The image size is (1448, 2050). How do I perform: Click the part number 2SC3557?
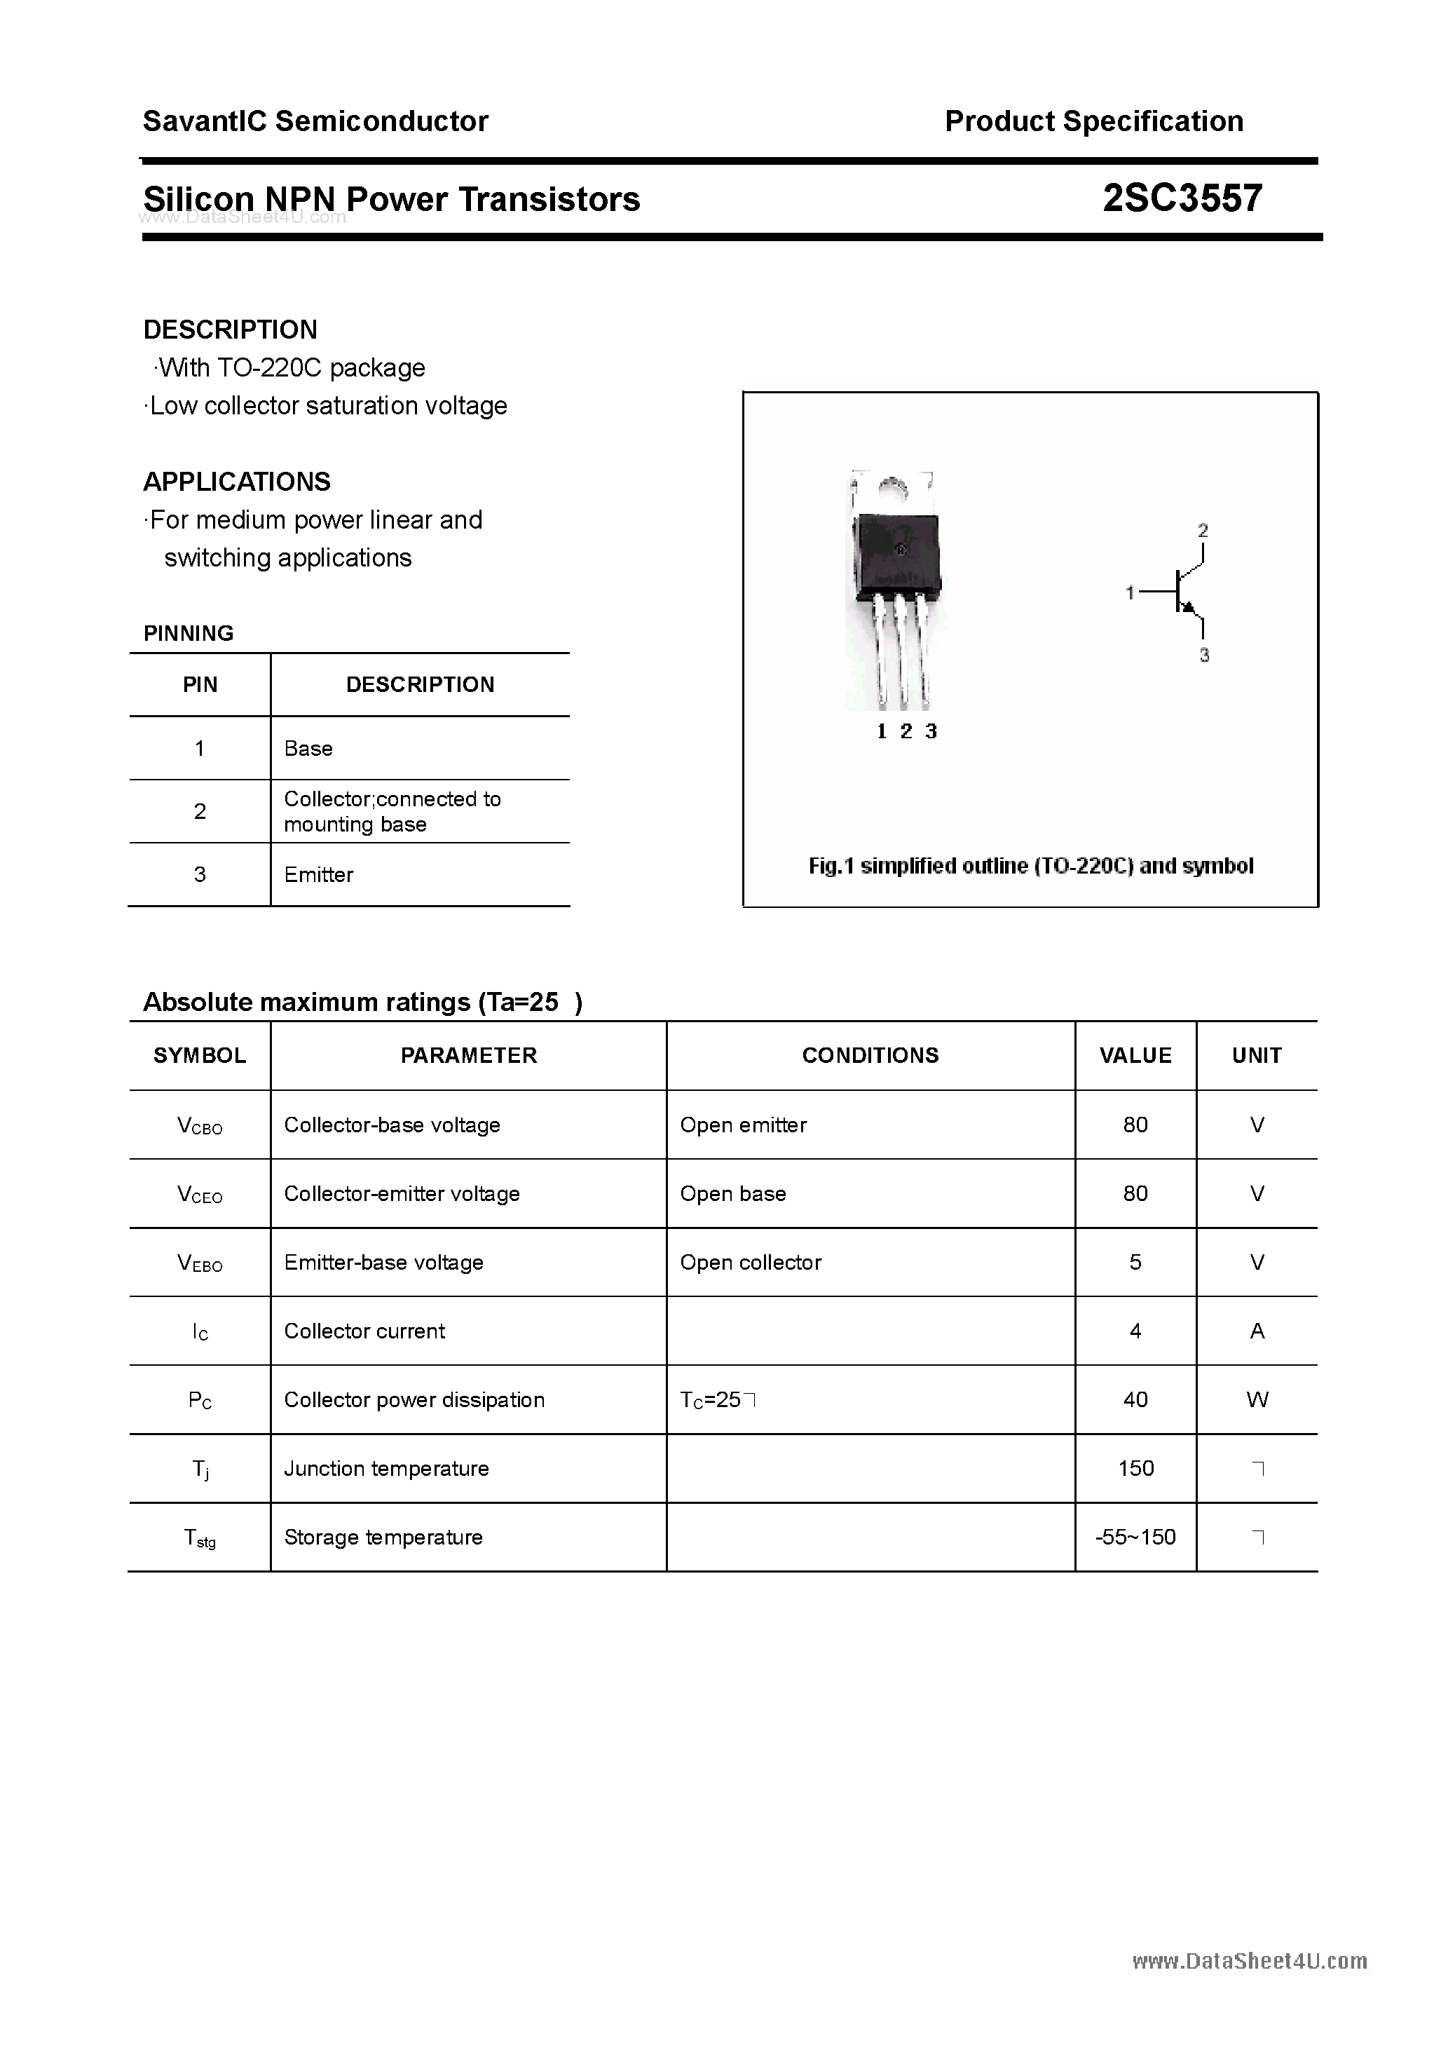[x=1182, y=198]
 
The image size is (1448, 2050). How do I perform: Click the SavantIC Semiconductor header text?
[x=315, y=121]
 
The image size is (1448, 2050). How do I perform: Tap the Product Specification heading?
[x=1093, y=121]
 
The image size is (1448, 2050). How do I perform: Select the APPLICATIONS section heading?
[x=237, y=482]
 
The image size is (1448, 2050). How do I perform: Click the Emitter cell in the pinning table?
[x=319, y=875]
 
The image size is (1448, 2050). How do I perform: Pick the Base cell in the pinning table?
[x=308, y=748]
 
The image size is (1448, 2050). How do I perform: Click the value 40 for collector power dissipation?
[x=1135, y=1399]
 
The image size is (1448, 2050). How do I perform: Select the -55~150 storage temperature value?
[x=1135, y=1537]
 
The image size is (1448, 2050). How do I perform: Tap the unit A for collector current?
[x=1257, y=1331]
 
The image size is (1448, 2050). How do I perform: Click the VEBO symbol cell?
[x=200, y=1263]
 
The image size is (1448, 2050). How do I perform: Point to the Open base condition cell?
[x=733, y=1194]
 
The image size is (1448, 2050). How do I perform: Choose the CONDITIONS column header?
[x=870, y=1055]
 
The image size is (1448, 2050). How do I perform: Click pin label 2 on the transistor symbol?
[x=1203, y=530]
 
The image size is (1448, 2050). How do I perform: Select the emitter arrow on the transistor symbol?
[x=1188, y=607]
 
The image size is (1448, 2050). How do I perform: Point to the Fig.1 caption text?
[x=1030, y=866]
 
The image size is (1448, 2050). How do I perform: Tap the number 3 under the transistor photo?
[x=931, y=731]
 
